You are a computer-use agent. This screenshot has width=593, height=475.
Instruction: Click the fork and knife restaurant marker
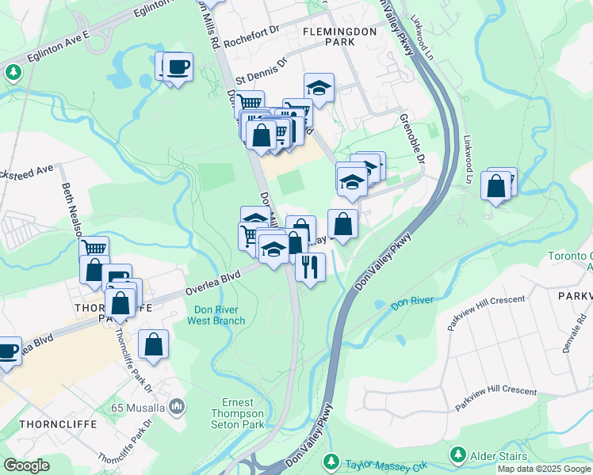point(310,268)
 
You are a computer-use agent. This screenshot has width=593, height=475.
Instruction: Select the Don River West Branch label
point(216,316)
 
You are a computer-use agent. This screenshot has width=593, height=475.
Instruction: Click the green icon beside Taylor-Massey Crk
point(331,461)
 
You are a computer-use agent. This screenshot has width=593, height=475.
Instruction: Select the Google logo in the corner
point(26,465)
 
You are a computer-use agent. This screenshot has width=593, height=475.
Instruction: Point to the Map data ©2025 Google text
point(543,469)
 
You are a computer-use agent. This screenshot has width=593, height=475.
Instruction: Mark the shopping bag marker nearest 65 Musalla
point(153,344)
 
